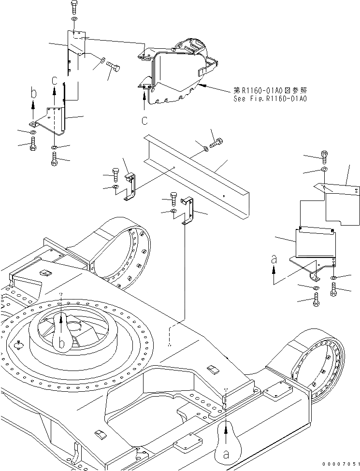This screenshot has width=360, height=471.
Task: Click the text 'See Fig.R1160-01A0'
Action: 270,99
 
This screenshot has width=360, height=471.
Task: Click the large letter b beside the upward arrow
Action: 32,93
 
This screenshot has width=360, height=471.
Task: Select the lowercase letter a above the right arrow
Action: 274,259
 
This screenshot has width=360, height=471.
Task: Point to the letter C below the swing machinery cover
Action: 144,119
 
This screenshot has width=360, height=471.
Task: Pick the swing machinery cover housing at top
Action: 179,72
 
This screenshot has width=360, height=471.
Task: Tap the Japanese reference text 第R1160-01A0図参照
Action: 270,90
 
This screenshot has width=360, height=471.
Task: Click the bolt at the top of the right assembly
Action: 324,156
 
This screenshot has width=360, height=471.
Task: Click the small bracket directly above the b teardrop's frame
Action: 130,186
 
